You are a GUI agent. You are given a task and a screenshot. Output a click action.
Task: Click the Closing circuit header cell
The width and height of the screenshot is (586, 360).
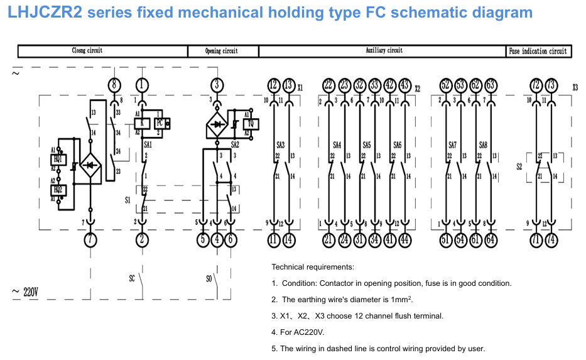coord(102,51)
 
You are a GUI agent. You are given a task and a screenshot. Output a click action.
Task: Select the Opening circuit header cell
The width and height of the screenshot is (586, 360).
coord(223,52)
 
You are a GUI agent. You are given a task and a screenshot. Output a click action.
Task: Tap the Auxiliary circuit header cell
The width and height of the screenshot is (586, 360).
coord(383,51)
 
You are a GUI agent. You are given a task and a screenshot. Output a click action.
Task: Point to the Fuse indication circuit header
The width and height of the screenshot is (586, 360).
coord(539,52)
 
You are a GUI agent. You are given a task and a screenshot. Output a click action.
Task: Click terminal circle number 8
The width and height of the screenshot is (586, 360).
coord(114,85)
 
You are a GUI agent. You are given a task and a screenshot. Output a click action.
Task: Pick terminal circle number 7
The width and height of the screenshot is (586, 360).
coord(90,239)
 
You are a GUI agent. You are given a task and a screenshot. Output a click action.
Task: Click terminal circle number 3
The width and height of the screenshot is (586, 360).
coord(217,85)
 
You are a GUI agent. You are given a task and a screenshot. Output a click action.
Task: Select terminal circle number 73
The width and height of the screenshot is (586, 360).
coord(551,85)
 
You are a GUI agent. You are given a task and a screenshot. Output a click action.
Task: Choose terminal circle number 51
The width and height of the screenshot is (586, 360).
coord(445,239)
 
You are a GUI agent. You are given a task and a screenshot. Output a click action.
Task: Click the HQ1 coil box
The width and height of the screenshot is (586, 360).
coord(58,159)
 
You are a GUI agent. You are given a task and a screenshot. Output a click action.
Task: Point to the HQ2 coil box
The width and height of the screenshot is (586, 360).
coord(58,190)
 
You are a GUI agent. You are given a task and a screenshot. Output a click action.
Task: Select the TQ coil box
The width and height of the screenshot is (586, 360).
coord(250,124)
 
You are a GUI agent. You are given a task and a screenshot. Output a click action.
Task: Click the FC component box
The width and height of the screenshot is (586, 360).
coord(160,123)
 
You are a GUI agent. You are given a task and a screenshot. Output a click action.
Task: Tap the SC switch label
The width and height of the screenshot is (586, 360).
coord(132,278)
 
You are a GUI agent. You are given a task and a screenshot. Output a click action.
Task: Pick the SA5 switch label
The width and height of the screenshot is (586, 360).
coord(367,145)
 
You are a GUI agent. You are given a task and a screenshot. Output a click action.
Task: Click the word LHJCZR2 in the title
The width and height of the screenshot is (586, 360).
coord(45,13)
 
